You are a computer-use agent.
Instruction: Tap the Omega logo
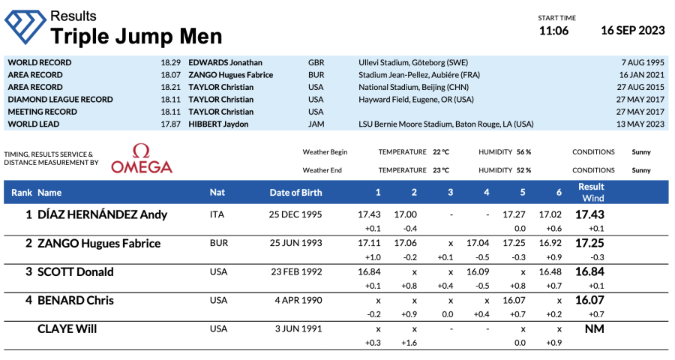point(142,158)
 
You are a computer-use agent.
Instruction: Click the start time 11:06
point(553,31)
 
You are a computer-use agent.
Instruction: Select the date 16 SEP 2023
point(632,31)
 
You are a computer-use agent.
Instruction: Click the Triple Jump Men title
point(136,36)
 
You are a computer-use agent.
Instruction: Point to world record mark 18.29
point(170,63)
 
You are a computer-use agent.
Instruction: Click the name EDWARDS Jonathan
point(225,63)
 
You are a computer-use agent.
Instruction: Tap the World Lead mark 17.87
point(170,124)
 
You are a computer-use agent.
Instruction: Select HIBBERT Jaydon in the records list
point(220,124)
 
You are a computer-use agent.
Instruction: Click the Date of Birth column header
point(295,193)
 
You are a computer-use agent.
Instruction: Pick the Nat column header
point(217,193)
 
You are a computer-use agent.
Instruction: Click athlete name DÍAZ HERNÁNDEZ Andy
point(102,214)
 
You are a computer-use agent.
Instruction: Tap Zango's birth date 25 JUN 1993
point(295,244)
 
